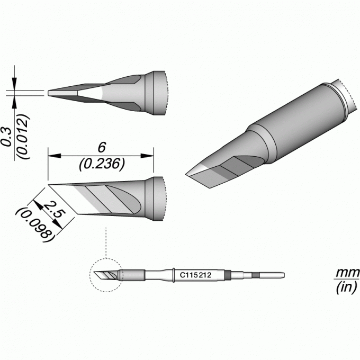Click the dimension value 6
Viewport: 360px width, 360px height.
pyautogui.click(x=102, y=147)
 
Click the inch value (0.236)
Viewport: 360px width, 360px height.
pyautogui.click(x=102, y=164)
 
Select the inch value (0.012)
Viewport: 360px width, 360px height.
pyautogui.click(x=24, y=136)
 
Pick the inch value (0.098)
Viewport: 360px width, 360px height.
pyautogui.click(x=34, y=222)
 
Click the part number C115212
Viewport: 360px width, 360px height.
pyautogui.click(x=195, y=275)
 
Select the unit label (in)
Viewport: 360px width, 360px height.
pyautogui.click(x=347, y=287)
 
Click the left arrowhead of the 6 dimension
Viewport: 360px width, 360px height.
pyautogui.click(x=54, y=156)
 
